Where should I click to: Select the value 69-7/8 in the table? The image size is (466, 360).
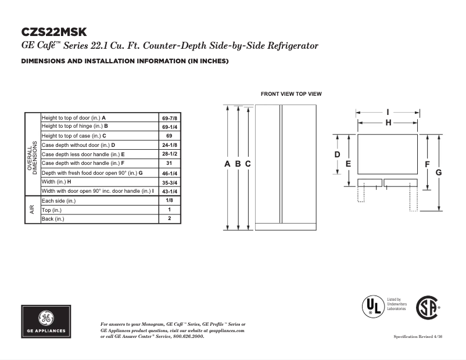(x=170, y=118)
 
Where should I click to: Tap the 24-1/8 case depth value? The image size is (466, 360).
(x=170, y=145)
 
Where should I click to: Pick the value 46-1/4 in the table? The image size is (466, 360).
(x=170, y=173)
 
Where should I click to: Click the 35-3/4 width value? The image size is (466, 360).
(x=170, y=182)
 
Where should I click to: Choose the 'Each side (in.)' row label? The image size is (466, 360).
(x=59, y=200)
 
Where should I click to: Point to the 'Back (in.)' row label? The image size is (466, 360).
(x=53, y=219)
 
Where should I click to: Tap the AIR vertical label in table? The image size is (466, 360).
(x=31, y=210)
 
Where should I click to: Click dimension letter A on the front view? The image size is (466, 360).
(x=228, y=164)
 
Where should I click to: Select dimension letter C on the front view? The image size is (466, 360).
(x=248, y=164)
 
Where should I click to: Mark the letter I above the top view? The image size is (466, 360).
(x=388, y=111)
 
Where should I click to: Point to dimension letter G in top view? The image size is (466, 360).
(x=439, y=172)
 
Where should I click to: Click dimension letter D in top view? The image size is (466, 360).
(x=337, y=154)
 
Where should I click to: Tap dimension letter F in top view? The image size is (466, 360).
(x=427, y=164)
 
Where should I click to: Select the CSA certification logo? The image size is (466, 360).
(x=428, y=308)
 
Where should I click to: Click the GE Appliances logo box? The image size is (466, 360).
(x=46, y=321)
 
